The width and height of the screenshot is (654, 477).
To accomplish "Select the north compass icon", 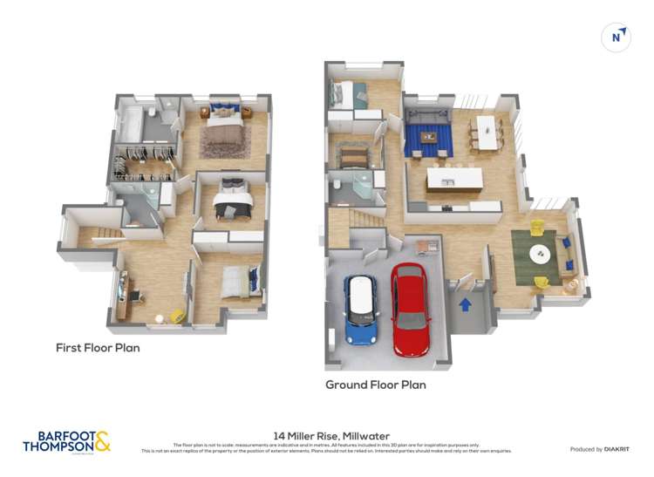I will click(617, 37).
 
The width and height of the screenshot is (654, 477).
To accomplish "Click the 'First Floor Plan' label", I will click(98, 348).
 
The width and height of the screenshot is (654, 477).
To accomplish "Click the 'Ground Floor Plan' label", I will click(376, 385).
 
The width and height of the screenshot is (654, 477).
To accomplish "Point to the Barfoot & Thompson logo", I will click(67, 441).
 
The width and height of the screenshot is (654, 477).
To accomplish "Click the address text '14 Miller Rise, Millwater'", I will click(331, 435).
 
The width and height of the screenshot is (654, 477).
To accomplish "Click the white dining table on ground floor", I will click(485, 132).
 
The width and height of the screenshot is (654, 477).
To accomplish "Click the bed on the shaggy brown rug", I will click(224, 130).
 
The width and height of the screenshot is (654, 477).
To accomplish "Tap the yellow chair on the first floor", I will click(178, 317).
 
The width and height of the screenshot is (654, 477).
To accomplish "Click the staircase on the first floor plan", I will click(94, 235).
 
